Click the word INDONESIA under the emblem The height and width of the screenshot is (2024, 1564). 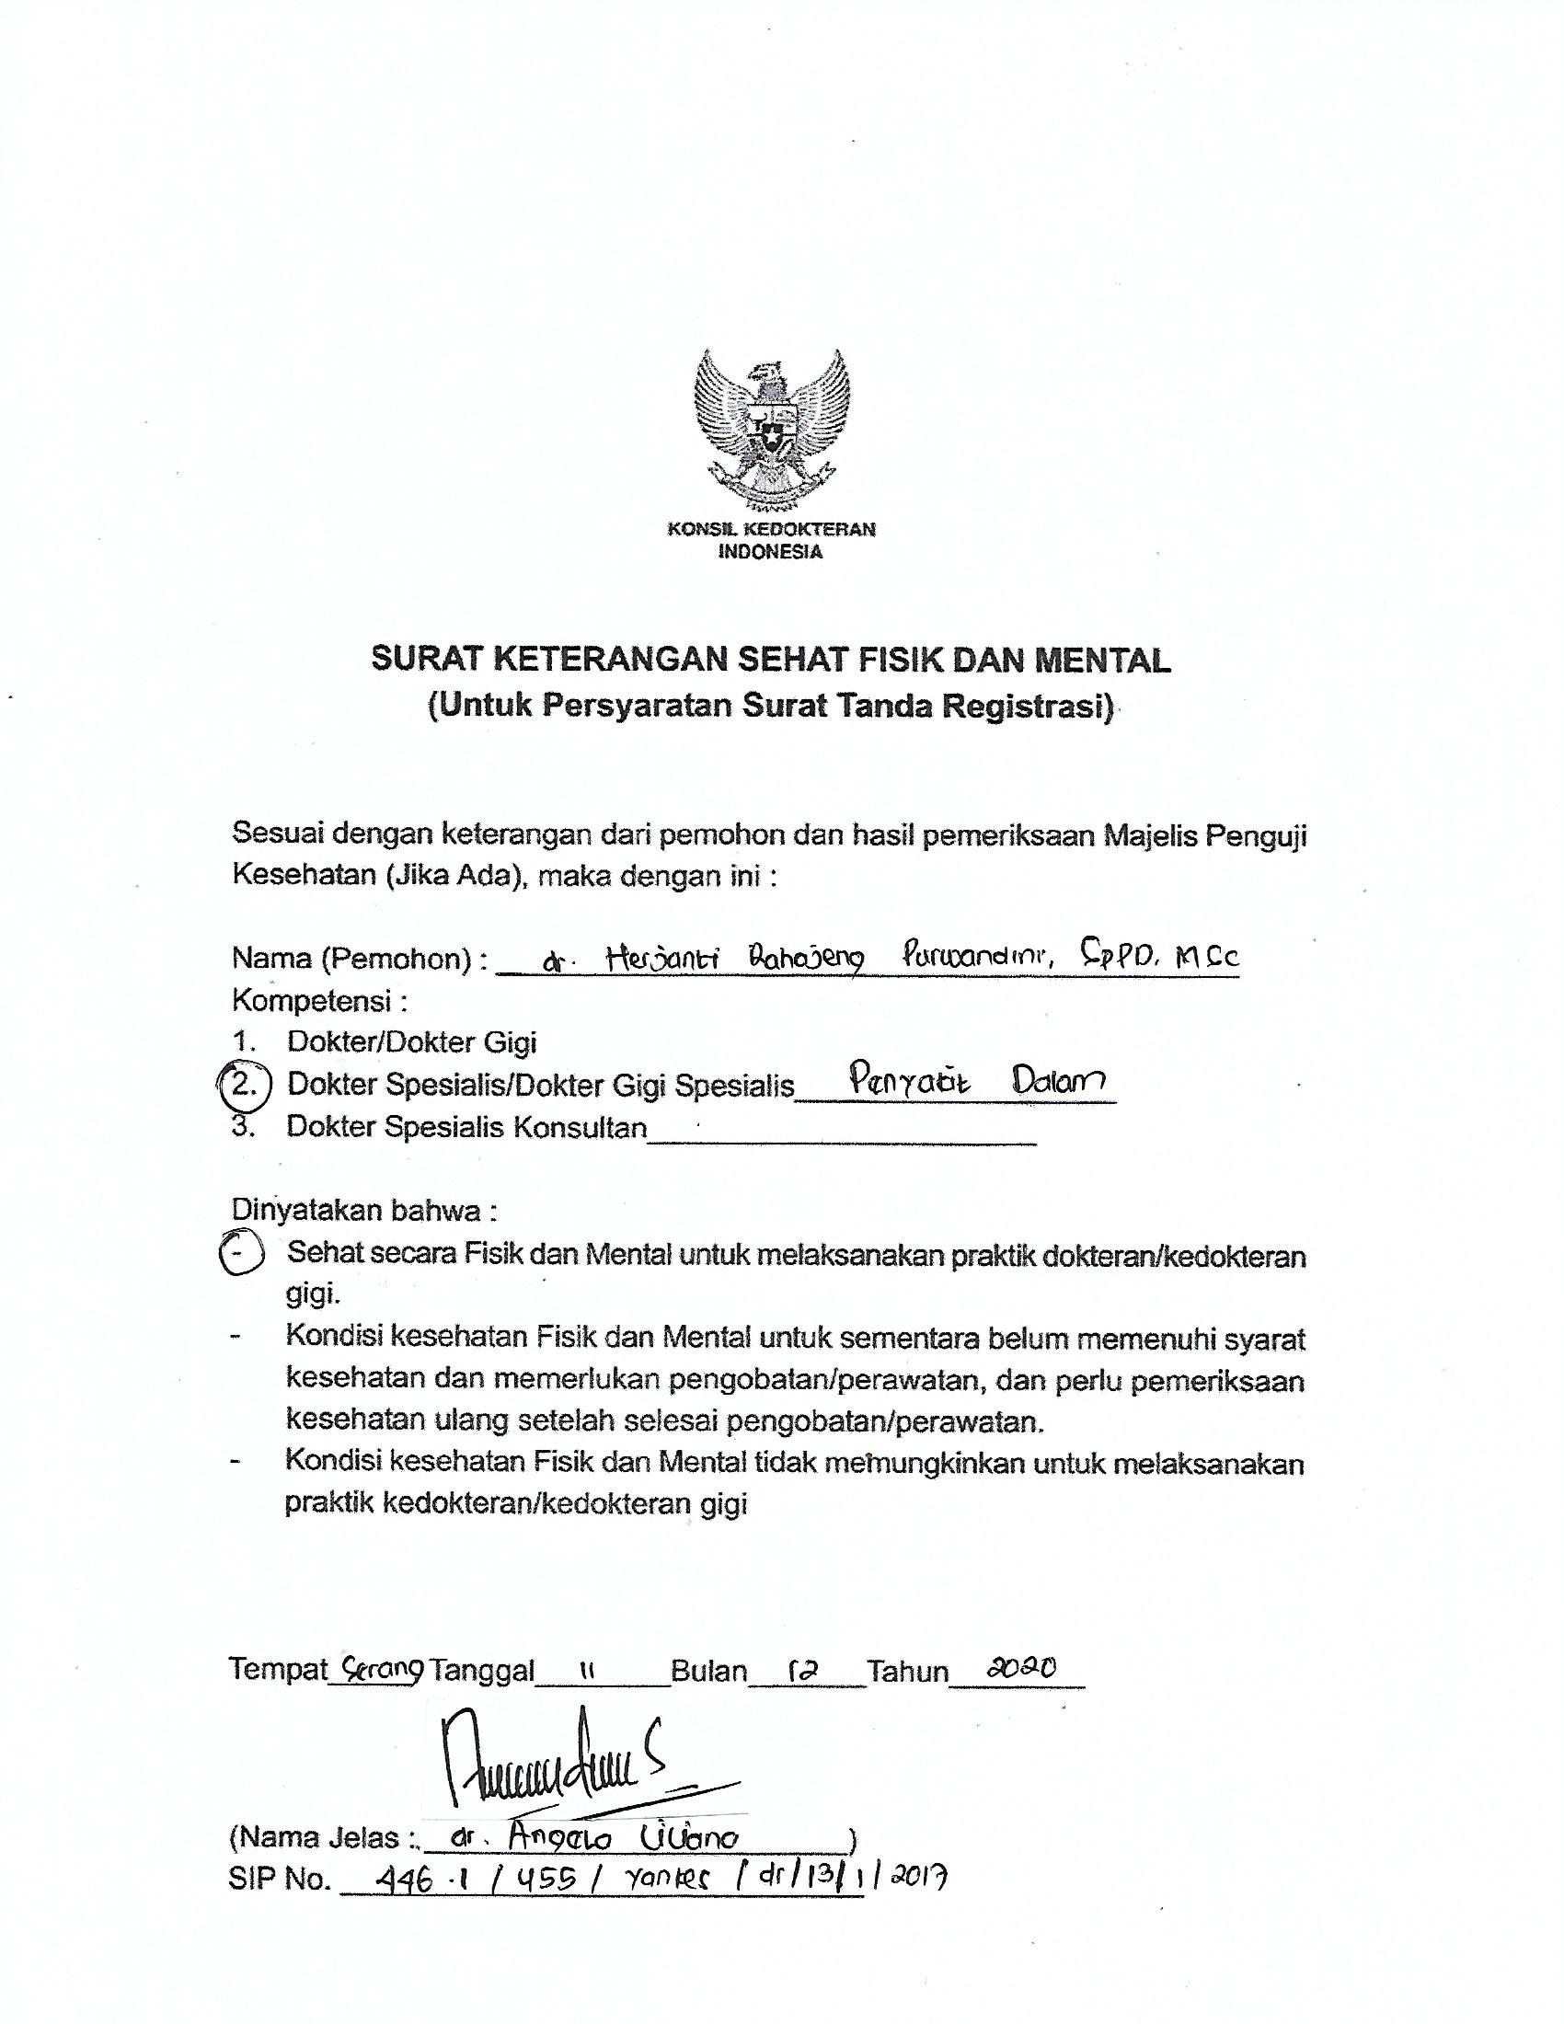pyautogui.click(x=771, y=553)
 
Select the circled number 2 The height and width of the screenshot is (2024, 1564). pyautogui.click(x=244, y=1085)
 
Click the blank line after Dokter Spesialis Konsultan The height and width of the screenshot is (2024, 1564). pyautogui.click(x=840, y=1138)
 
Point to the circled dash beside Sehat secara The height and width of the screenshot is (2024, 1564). pyautogui.click(x=240, y=1254)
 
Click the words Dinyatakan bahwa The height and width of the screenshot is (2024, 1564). pyautogui.click(x=364, y=1212)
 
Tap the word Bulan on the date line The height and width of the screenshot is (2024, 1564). pyautogui.click(x=708, y=1671)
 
